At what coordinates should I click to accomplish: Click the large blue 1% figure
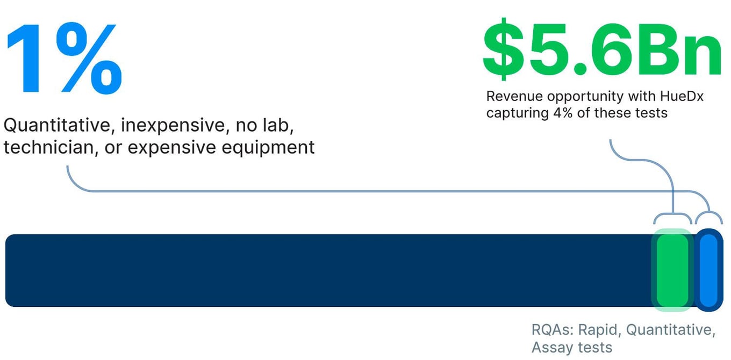(x=64, y=59)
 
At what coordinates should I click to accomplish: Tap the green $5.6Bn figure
(x=602, y=49)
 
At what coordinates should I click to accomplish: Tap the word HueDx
(x=682, y=97)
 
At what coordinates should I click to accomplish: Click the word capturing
(x=517, y=114)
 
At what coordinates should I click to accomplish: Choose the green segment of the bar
(x=672, y=270)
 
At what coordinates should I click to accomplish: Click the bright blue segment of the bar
(x=708, y=270)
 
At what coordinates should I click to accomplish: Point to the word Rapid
(x=598, y=330)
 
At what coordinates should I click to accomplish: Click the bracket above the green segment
(x=672, y=214)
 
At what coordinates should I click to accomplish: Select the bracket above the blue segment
(x=708, y=212)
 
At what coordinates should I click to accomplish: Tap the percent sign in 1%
(x=89, y=59)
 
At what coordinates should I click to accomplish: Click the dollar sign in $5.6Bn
(x=504, y=49)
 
